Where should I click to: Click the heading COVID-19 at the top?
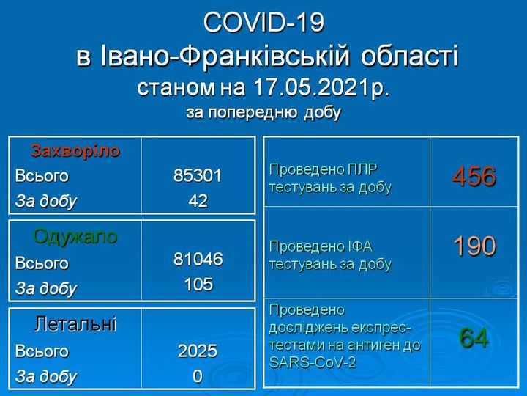pos(263,23)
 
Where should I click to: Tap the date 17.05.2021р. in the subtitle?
pos(321,87)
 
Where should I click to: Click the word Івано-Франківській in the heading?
pos(225,56)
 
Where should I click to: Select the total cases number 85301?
pos(198,175)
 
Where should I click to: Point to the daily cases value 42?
pos(198,201)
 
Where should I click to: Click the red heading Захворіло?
pos(75,151)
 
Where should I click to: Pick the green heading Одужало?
pos(75,236)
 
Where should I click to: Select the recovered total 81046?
pos(198,260)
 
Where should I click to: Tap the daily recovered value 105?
pos(198,285)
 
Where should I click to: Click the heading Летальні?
pos(75,323)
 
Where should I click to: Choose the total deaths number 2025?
pos(198,351)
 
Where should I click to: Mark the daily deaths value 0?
pos(198,376)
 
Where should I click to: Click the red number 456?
pos(474,176)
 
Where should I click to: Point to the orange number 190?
pos(474,246)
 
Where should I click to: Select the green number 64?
pos(474,338)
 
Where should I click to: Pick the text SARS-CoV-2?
pos(313,363)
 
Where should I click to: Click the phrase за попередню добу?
pos(263,113)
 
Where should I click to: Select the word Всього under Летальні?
pos(42,351)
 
